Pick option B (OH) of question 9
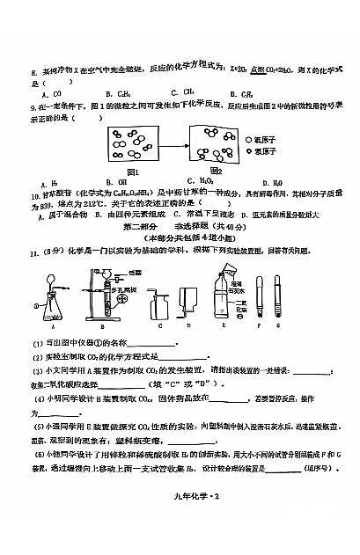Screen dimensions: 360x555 tap(110, 182)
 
